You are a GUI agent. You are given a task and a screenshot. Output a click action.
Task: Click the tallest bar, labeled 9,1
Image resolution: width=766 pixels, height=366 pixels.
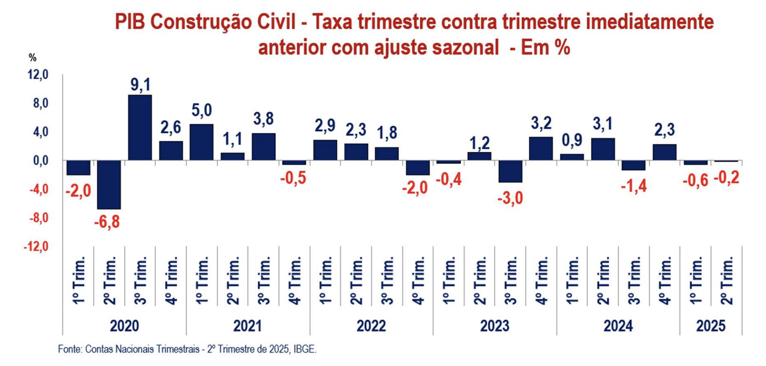[140, 127]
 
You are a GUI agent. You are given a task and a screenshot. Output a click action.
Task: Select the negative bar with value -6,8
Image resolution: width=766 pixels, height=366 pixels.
[109, 185]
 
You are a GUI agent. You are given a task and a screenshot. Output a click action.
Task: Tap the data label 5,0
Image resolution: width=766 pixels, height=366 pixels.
[201, 110]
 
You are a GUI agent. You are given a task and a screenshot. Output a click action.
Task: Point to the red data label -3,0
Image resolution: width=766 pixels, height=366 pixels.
[510, 198]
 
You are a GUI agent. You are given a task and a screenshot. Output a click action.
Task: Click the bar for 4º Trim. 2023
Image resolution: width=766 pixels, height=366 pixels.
[541, 148]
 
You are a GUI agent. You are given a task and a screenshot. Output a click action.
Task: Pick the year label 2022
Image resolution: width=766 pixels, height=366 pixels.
[371, 326]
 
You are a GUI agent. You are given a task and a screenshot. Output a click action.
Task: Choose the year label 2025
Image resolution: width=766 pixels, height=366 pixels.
[711, 326]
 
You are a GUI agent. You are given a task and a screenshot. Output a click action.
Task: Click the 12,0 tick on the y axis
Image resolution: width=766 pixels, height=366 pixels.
[38, 75]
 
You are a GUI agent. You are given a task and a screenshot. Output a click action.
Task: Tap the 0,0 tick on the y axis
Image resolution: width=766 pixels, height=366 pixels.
[38, 161]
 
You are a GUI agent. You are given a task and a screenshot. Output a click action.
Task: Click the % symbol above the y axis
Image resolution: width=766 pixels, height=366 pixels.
[33, 58]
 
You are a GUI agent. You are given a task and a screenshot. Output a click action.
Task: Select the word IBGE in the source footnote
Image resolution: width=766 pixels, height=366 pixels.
[305, 349]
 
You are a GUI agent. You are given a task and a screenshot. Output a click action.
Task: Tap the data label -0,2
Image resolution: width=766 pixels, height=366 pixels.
[726, 177]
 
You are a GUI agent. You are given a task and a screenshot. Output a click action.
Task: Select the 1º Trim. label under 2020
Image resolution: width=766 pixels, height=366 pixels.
[78, 280]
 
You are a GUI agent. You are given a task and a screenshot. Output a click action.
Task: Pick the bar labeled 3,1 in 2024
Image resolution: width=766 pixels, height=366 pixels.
[603, 149]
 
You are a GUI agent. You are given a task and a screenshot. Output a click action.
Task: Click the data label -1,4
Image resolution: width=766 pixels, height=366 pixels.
[633, 186]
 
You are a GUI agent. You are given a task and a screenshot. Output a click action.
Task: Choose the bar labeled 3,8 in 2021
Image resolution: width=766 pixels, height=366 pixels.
[263, 147]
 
